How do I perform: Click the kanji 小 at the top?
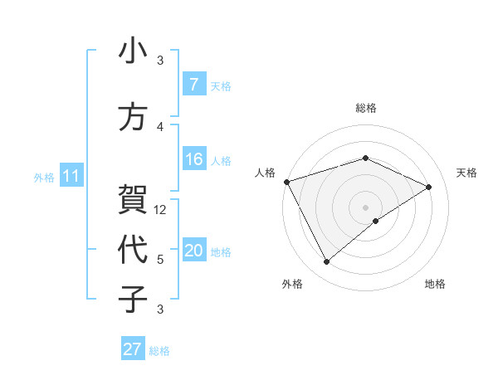click(x=133, y=51)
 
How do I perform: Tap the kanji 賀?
click(x=133, y=200)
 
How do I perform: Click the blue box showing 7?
click(x=193, y=85)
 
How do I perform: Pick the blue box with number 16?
click(x=193, y=160)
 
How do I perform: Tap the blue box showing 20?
click(x=193, y=251)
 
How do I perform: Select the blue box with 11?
click(x=71, y=176)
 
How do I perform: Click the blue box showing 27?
click(x=133, y=349)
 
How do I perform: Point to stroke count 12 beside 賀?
click(x=161, y=210)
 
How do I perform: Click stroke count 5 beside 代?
click(x=161, y=260)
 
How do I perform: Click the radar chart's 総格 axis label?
click(x=365, y=108)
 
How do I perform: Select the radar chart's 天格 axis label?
click(x=466, y=173)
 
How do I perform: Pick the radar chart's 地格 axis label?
click(x=435, y=284)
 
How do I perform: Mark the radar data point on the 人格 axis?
click(x=286, y=182)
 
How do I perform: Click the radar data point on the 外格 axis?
click(x=326, y=262)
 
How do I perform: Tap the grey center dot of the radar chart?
click(x=365, y=207)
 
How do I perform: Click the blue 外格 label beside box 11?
click(x=43, y=177)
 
